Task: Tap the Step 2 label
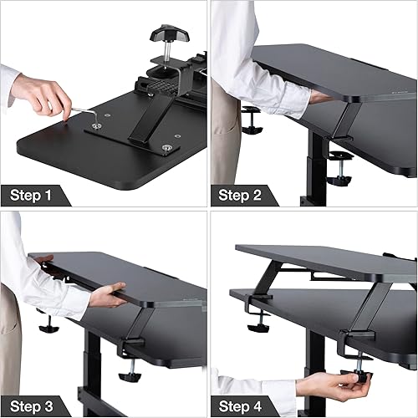tap(242, 196)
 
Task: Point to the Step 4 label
tap(242, 405)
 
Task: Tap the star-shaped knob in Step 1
tap(165, 35)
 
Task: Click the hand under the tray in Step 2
tap(318, 97)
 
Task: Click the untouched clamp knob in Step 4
tap(257, 313)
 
